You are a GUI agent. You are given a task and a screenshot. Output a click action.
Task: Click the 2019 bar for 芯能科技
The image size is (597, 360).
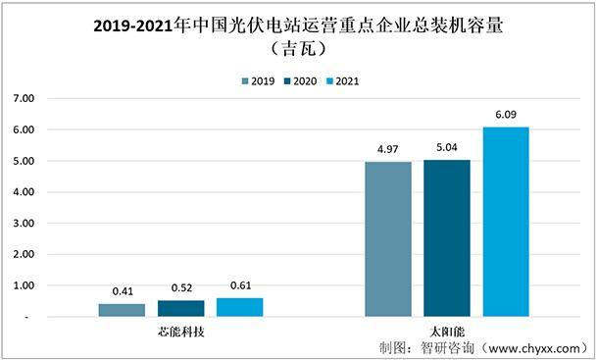(122, 310)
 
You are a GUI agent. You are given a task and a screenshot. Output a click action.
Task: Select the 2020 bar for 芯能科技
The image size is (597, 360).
(180, 308)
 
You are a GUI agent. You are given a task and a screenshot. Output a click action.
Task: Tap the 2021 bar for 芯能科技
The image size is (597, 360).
(239, 307)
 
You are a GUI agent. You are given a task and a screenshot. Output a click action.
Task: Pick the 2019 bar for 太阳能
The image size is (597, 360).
(387, 239)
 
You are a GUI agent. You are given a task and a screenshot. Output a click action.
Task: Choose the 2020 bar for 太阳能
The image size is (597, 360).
(447, 238)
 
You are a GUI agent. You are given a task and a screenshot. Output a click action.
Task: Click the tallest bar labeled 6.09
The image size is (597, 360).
(506, 222)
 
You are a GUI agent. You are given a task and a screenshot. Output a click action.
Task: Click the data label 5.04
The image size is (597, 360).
(447, 149)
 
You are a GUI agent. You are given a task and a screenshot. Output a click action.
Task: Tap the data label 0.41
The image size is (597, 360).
(122, 292)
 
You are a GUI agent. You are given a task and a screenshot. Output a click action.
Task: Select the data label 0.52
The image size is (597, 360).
(180, 289)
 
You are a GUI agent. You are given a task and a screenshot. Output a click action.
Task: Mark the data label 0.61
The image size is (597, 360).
(239, 286)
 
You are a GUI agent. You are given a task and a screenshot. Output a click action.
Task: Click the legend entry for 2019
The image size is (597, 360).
(259, 81)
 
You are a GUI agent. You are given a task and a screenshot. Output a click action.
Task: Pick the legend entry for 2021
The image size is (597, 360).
(346, 81)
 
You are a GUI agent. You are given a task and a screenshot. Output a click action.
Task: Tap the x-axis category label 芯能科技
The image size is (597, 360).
(180, 332)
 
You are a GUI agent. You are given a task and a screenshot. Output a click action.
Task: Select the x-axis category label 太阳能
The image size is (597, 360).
(446, 332)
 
